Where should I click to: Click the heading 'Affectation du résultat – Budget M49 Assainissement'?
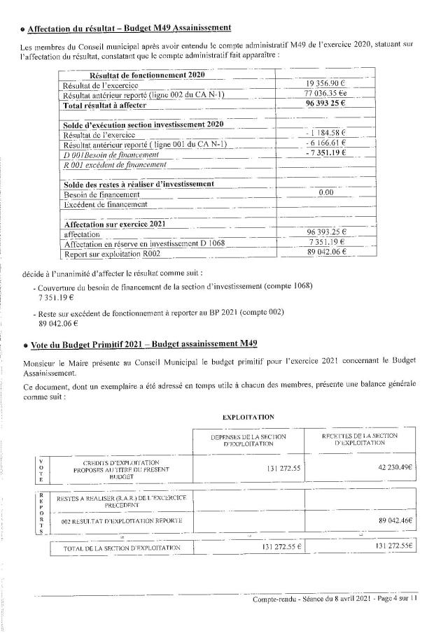click(129, 28)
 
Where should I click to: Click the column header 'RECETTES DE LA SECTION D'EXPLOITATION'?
click(360, 439)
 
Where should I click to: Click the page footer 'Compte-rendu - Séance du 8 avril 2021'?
click(311, 599)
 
